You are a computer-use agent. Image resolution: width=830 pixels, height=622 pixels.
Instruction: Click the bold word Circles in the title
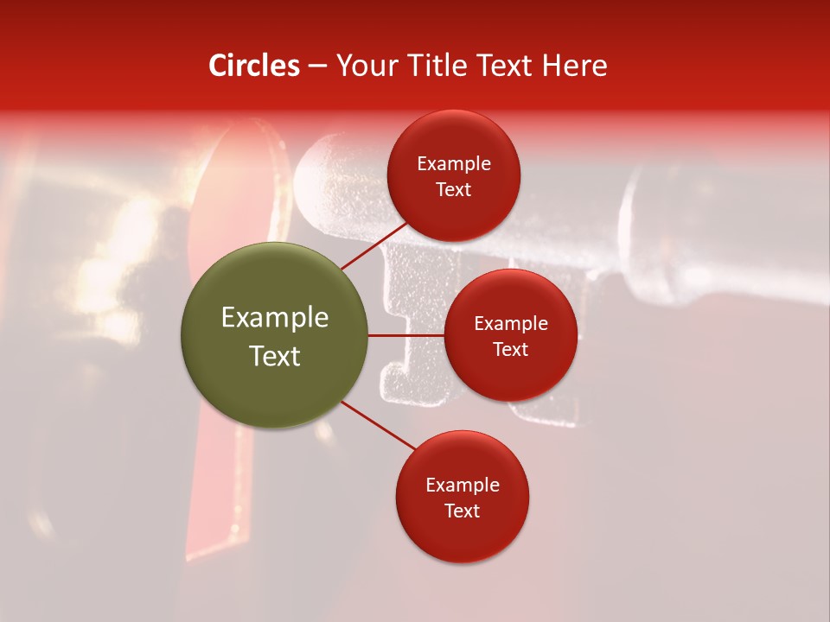254,66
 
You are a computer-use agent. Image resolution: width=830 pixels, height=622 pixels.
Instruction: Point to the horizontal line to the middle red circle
406,335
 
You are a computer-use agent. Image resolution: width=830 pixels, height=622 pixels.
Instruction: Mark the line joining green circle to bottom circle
378,425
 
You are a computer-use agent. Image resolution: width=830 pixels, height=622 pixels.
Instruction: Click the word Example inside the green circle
275,318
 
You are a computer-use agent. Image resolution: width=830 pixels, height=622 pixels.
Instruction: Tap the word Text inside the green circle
275,356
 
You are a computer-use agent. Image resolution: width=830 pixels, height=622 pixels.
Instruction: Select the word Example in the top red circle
454,164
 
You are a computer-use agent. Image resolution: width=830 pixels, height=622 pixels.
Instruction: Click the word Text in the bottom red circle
462,511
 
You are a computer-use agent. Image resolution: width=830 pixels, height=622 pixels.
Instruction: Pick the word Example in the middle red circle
511,324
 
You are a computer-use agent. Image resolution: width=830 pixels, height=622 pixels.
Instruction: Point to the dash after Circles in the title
317,67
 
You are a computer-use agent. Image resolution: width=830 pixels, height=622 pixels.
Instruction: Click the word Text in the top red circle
453,190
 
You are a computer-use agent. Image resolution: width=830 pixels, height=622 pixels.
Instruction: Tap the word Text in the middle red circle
510,350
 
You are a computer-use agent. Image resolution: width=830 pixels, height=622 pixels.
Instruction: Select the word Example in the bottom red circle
463,486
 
